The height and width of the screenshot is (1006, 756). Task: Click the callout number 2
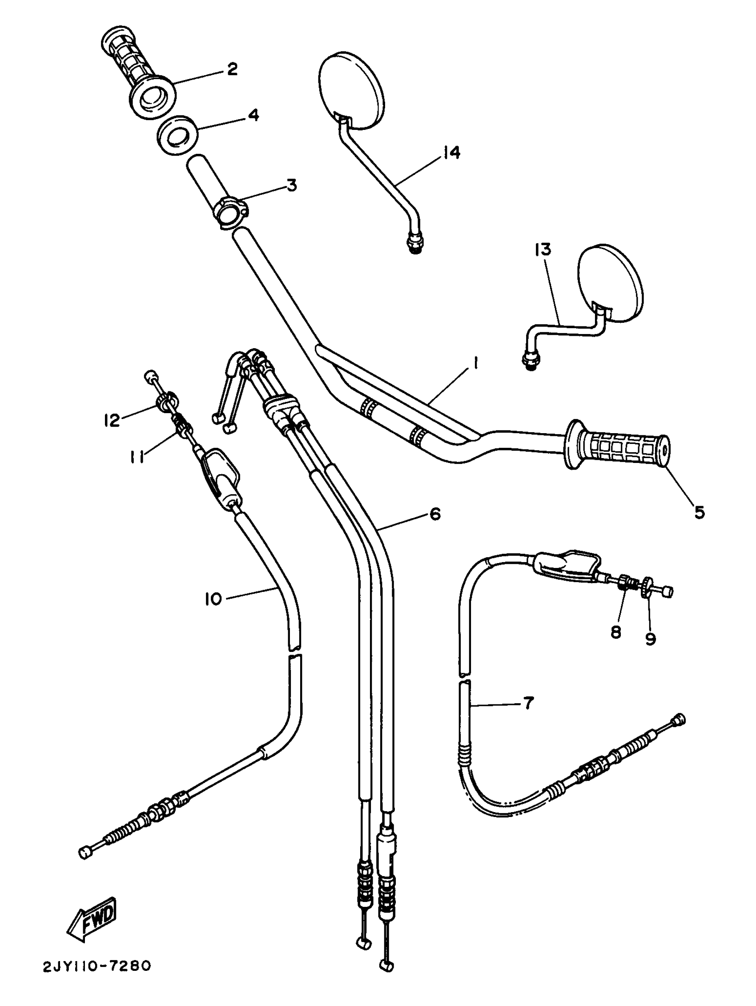click(x=232, y=69)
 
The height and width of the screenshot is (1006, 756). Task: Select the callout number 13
click(x=543, y=249)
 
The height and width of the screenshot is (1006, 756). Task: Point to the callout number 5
click(x=699, y=512)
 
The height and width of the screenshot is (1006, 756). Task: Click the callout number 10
click(x=213, y=599)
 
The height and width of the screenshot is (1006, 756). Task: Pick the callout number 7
click(x=527, y=703)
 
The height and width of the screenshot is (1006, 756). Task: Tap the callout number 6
click(x=434, y=515)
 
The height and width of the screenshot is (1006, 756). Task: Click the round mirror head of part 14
click(x=352, y=91)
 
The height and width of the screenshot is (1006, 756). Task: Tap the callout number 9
click(x=651, y=639)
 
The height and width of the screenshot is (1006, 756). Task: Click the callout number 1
click(x=475, y=363)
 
